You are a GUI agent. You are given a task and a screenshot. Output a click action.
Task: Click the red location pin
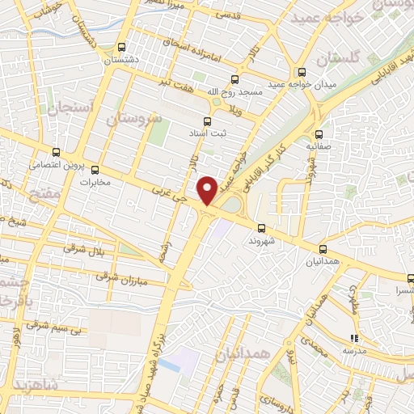208,190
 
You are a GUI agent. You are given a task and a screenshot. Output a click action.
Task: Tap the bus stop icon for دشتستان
122,47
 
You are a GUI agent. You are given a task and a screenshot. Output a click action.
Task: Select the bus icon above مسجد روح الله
234,79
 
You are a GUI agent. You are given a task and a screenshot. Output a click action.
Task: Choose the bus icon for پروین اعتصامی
56,151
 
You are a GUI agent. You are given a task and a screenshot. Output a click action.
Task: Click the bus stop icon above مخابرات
95,170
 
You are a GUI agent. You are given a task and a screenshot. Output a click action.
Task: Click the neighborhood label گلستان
336,60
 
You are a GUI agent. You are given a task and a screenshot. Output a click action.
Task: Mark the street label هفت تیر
174,85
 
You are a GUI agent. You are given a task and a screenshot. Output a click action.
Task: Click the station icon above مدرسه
353,339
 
